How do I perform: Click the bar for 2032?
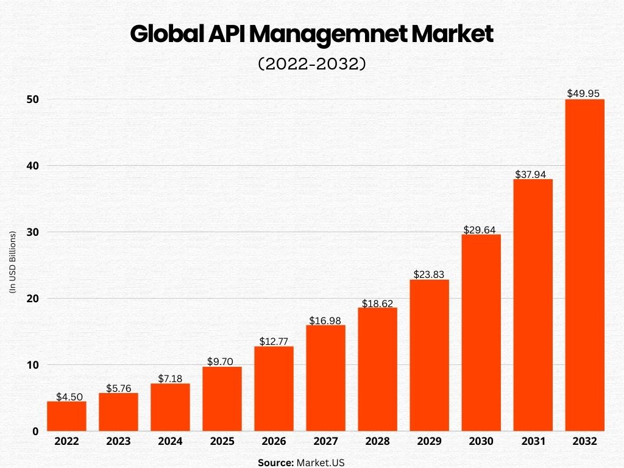click(584, 265)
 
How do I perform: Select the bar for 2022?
click(66, 416)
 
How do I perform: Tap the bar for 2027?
click(325, 378)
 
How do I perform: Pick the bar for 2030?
click(481, 333)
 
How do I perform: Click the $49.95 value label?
click(583, 93)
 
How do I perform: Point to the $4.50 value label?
click(67, 396)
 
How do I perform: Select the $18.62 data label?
click(377, 303)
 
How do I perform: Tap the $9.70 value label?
click(222, 361)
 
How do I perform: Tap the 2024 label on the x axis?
click(170, 442)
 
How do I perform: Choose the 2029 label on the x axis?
click(429, 442)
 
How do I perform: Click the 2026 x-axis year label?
click(274, 442)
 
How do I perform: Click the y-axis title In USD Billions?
click(12, 263)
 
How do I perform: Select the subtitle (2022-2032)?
click(312, 64)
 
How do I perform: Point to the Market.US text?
click(321, 463)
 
